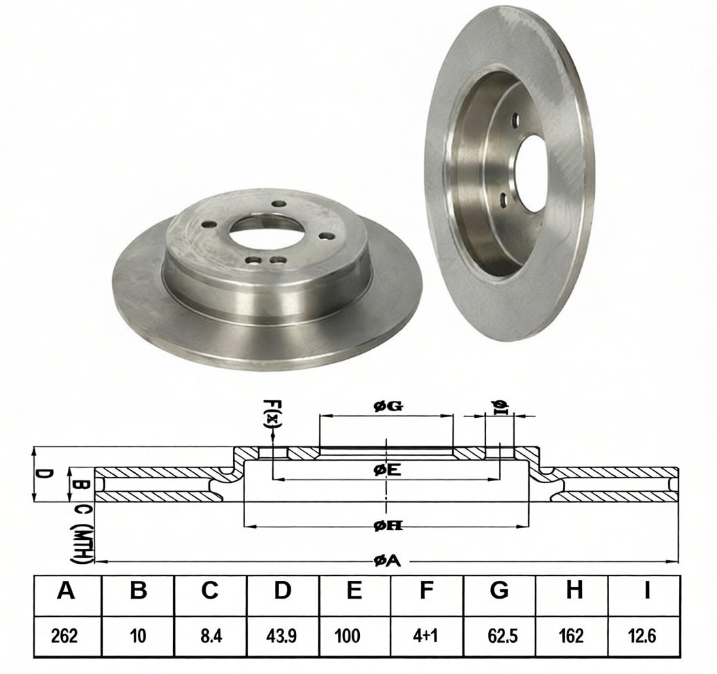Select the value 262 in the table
[x=65, y=636]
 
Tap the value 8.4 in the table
[x=210, y=636]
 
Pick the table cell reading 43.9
[x=282, y=636]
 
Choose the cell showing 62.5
[x=499, y=636]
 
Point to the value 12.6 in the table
[x=643, y=636]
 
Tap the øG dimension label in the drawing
[x=388, y=406]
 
